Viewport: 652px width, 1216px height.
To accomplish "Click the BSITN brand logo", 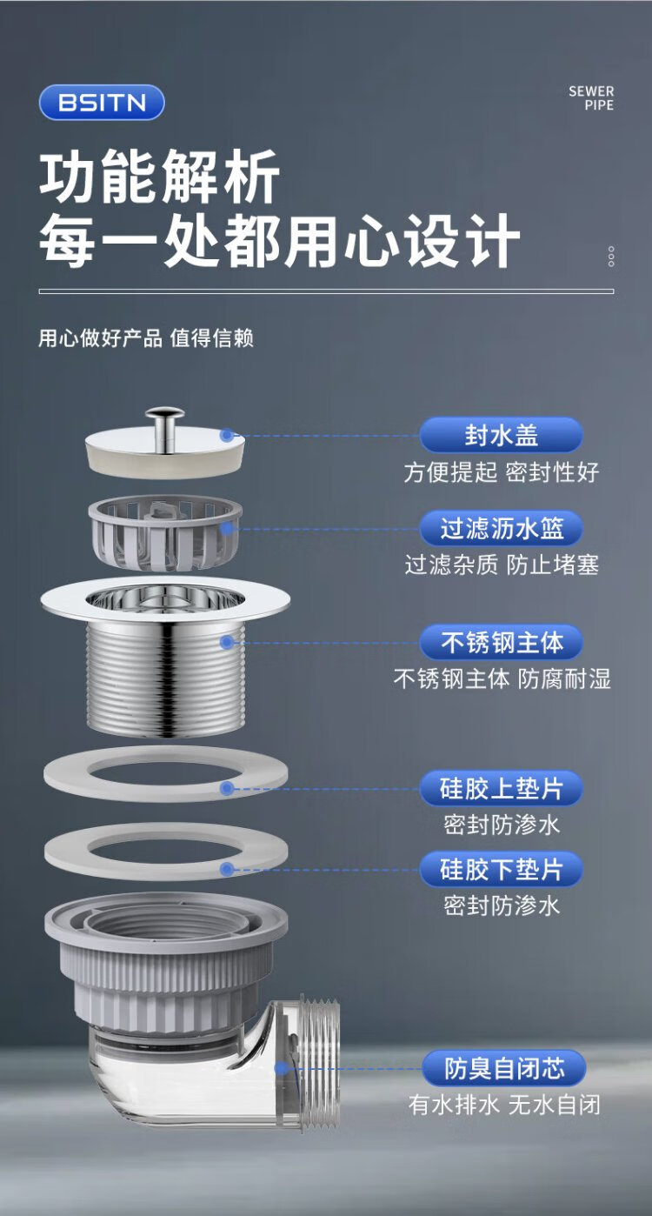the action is (102, 102).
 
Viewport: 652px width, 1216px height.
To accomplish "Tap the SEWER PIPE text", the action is (590, 98).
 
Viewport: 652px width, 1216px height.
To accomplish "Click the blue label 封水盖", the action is (502, 435).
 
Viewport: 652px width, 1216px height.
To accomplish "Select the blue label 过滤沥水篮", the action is (502, 528).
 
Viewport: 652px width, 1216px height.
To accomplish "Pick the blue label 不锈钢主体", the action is (502, 642).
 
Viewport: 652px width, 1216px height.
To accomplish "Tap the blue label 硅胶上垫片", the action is (502, 788).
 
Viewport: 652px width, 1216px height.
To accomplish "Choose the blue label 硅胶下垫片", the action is (502, 869).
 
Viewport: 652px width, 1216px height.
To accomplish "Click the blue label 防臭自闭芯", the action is (504, 1068).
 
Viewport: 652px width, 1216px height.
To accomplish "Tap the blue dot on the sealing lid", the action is (227, 435).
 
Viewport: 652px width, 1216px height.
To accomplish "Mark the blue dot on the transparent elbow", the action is (281, 1068).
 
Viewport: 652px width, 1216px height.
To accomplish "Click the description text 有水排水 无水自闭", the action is (504, 1105).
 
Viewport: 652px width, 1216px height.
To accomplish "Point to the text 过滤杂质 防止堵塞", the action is (502, 565).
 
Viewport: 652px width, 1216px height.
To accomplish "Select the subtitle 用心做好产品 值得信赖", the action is (146, 337).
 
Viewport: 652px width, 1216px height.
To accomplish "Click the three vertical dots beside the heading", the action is (611, 257).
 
